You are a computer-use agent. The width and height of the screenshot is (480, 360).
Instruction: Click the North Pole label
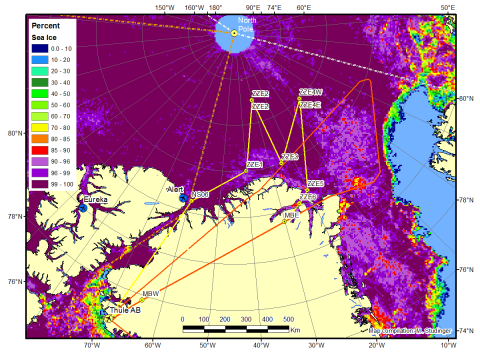pyautogui.click(x=246, y=22)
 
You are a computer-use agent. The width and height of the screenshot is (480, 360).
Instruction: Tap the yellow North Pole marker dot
pyautogui.click(x=234, y=33)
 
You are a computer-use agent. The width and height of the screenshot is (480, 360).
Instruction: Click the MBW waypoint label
pyautogui.click(x=151, y=293)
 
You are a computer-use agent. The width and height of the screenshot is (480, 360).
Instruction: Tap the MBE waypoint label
pyautogui.click(x=292, y=214)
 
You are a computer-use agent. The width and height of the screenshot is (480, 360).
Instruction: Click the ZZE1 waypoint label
pyautogui.click(x=254, y=164)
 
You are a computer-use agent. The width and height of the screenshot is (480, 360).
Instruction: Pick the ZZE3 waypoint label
pyautogui.click(x=290, y=156)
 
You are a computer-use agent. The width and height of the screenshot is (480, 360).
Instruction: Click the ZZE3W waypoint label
pyautogui.click(x=310, y=92)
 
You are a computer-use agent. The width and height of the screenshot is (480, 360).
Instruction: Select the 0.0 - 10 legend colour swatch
pyautogui.click(x=37, y=46)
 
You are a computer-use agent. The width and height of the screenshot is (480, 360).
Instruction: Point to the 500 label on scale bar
pyautogui.click(x=288, y=319)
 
